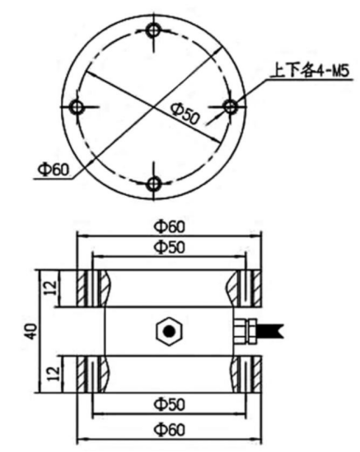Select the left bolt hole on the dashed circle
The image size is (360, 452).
coord(77,108)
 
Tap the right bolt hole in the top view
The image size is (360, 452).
coord(231,107)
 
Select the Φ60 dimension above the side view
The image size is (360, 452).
coord(170,225)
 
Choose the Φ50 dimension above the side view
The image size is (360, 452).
coord(170,246)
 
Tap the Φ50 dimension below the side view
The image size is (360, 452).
coord(170,403)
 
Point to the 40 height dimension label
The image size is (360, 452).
coord(31,331)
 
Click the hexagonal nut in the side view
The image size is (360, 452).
coord(169,331)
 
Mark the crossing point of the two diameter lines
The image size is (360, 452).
coord(154,108)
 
